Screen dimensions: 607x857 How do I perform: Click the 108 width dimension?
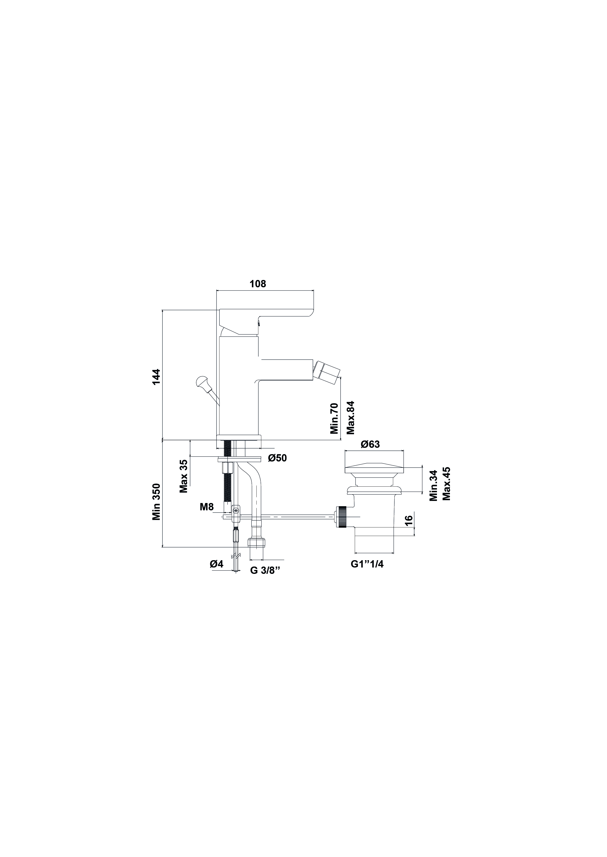(x=258, y=284)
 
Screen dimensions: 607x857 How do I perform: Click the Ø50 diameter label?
(x=277, y=458)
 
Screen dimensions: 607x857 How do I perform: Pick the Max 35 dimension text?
(x=183, y=476)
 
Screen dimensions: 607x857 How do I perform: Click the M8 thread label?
(x=207, y=507)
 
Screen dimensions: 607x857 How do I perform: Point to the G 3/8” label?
(x=265, y=581)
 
